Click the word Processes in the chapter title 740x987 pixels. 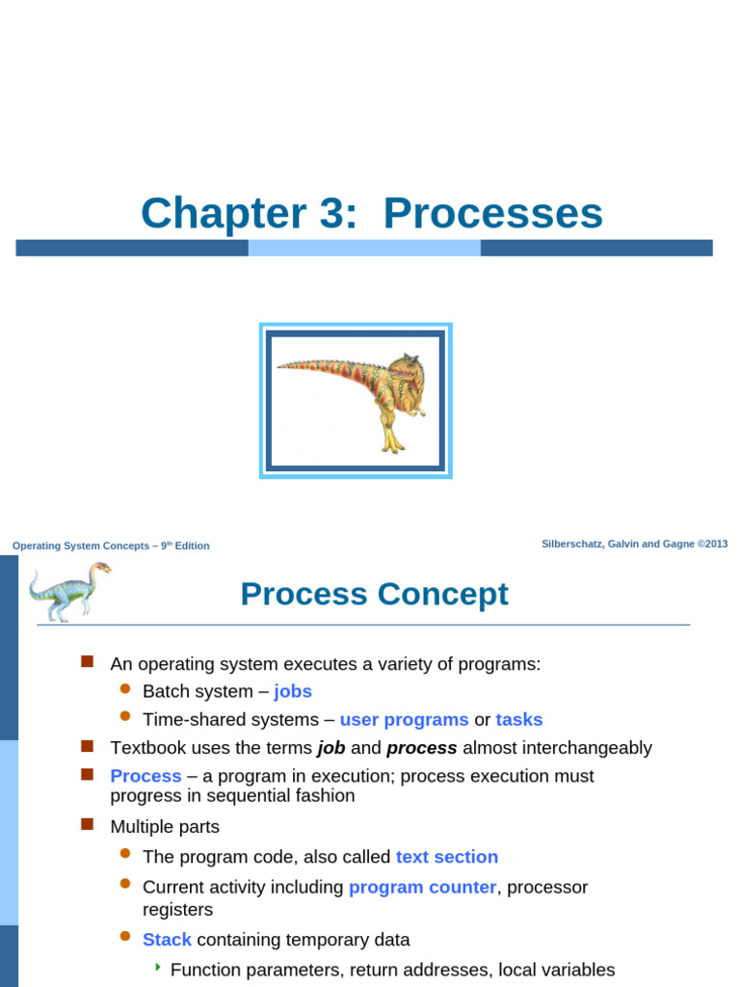pyautogui.click(x=492, y=213)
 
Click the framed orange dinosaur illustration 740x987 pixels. pyautogui.click(x=356, y=401)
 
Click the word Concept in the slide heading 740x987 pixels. pyautogui.click(x=442, y=594)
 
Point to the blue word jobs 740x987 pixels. pyautogui.click(x=293, y=691)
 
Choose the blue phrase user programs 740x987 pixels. pyautogui.click(x=404, y=719)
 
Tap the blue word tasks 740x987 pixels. pyautogui.click(x=518, y=719)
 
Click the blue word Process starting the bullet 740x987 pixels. pyautogui.click(x=145, y=776)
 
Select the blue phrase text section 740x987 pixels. pyautogui.click(x=446, y=857)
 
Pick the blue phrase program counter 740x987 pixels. pyautogui.click(x=422, y=887)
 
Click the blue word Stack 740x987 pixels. pyautogui.click(x=167, y=940)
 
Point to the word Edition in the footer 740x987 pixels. pyautogui.click(x=191, y=546)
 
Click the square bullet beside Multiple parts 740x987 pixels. pyautogui.click(x=87, y=824)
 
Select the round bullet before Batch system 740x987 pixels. pyautogui.click(x=124, y=688)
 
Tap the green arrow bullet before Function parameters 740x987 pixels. pyautogui.click(x=158, y=967)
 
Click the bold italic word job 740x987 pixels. pyautogui.click(x=330, y=748)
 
